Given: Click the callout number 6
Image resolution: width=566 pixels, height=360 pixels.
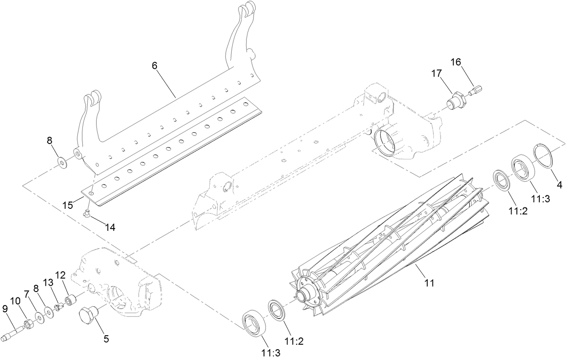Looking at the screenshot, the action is (155, 66).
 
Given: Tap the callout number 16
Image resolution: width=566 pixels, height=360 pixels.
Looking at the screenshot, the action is (456, 62).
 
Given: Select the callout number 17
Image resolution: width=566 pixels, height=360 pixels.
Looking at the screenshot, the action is (436, 73).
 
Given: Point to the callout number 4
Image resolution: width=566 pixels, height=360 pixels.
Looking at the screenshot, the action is (560, 185).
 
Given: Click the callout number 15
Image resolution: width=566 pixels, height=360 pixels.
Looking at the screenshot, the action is (68, 205).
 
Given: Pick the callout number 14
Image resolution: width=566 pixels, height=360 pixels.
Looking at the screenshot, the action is (110, 228).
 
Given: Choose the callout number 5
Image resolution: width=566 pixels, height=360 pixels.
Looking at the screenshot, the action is (106, 339).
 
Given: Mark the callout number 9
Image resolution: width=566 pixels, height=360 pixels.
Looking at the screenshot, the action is (5, 309).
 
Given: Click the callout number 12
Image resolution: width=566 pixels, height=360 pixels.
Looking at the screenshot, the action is (61, 275).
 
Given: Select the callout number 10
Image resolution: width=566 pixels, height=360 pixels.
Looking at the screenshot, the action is (15, 301).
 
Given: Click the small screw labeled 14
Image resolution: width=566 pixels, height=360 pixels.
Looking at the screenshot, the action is (87, 214).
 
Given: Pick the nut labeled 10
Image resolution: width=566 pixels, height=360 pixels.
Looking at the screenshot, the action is (28, 324).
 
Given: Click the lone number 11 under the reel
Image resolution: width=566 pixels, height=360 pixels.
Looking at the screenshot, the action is (429, 283).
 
